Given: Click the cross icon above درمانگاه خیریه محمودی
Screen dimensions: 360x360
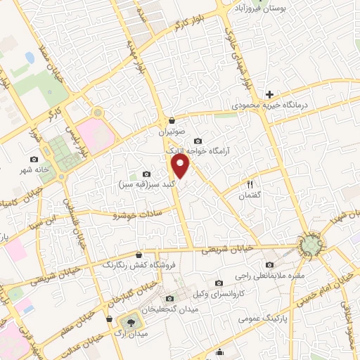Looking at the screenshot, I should point(269,94).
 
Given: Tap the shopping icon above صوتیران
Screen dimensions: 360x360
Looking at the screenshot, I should point(172,120).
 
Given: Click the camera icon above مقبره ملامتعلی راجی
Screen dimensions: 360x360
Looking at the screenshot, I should point(269,265).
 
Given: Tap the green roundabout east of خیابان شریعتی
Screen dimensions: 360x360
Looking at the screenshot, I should point(310,244).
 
